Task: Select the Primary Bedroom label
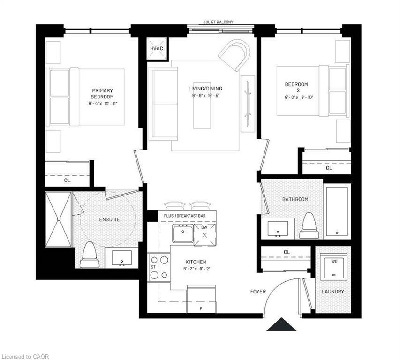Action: [102, 93]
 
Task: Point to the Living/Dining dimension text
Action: [205, 96]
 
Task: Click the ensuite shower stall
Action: [58, 219]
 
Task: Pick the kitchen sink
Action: [182, 233]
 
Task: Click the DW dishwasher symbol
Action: [205, 233]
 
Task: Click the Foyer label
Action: [258, 292]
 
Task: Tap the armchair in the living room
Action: [235, 54]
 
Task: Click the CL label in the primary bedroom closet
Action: [67, 180]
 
